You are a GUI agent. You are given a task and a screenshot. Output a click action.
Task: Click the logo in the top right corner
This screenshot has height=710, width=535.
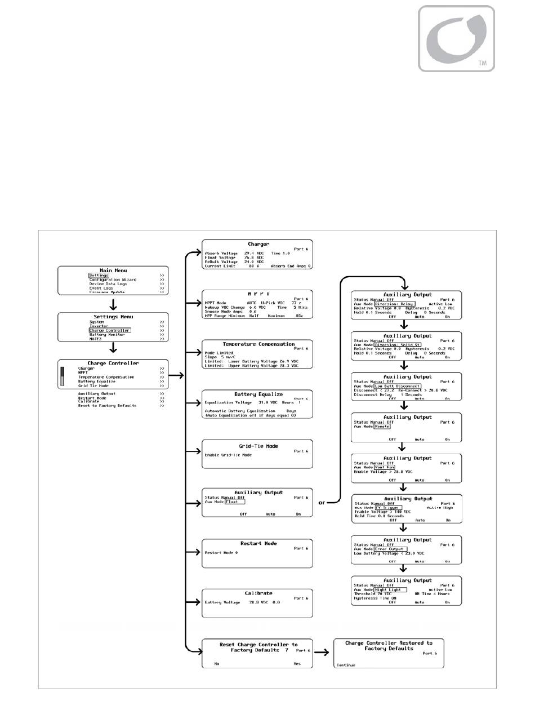(x=457, y=38)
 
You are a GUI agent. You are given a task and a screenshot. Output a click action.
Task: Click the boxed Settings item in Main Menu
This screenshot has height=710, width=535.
(x=98, y=275)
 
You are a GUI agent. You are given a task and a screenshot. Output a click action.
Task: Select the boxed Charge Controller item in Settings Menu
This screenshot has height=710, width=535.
(x=109, y=330)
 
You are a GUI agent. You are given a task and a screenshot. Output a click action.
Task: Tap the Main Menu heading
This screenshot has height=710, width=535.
(x=113, y=270)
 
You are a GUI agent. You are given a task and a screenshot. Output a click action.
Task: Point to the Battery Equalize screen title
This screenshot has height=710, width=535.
(x=258, y=394)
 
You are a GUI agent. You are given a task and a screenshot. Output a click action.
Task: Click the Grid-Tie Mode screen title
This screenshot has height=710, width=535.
(x=258, y=446)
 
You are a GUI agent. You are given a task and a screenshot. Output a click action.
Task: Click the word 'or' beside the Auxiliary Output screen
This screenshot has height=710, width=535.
(x=322, y=503)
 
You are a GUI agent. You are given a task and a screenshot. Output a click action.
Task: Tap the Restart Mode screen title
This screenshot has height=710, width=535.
(x=258, y=543)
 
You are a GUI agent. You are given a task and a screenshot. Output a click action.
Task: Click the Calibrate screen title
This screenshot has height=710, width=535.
(x=258, y=593)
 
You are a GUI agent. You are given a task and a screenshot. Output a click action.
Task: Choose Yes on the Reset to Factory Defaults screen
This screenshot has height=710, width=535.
(x=297, y=663)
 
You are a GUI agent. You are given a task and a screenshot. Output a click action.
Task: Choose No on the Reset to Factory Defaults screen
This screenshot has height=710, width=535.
(x=216, y=663)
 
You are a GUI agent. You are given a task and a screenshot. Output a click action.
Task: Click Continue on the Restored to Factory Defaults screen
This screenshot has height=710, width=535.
(x=346, y=665)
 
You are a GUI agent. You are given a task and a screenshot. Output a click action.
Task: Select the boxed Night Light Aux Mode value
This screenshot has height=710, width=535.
(x=391, y=589)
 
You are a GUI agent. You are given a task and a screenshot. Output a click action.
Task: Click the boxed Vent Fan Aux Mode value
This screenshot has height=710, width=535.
(x=385, y=467)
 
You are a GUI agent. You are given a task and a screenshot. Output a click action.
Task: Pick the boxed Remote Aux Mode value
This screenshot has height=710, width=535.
(x=382, y=427)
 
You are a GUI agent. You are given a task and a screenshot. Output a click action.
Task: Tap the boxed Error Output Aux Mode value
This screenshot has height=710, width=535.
(x=393, y=549)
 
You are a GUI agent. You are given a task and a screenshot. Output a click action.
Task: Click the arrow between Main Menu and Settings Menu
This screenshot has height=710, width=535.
(x=113, y=304)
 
